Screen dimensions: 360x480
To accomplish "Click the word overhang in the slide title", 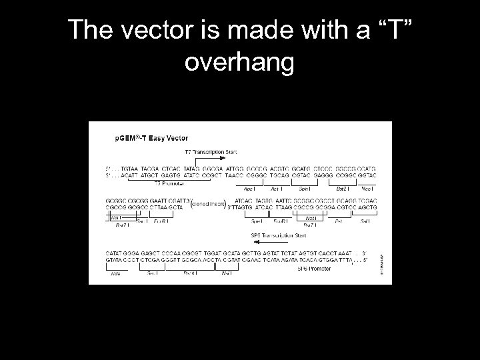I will (239, 63).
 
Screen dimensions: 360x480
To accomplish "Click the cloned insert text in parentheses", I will (209, 204).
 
